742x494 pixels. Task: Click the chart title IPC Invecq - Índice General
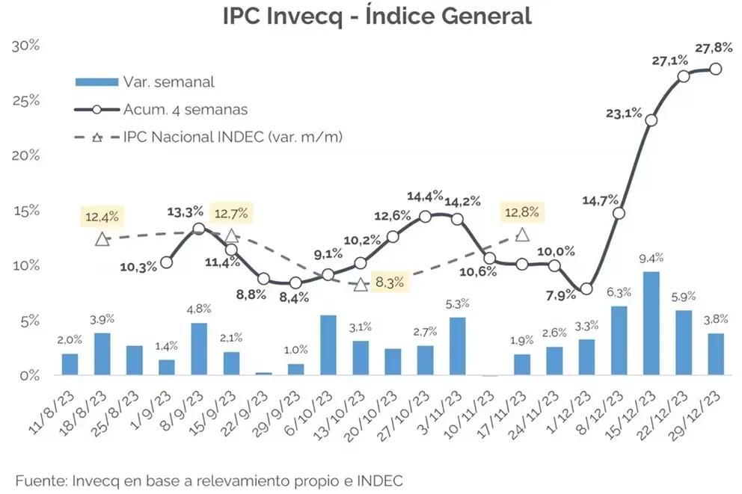pos(377,16)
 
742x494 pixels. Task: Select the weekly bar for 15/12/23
pos(651,324)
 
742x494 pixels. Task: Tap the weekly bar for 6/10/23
pos(328,345)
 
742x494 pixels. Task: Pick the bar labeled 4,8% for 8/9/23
pos(199,349)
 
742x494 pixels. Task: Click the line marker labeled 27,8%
pos(716,69)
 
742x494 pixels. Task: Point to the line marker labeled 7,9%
pos(586,288)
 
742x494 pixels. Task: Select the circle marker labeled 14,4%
pos(425,217)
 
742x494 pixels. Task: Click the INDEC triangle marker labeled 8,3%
pos(361,285)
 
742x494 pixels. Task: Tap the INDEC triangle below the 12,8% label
pos(522,235)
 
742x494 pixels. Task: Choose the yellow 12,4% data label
pos(102,217)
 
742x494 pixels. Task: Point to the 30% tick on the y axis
pos(25,46)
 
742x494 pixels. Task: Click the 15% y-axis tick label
pos(25,211)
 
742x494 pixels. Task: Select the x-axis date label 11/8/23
pos(52,413)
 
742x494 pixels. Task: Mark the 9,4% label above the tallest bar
pos(651,258)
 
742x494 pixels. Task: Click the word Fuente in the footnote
pos(41,481)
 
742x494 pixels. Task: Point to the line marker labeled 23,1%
pos(651,120)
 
